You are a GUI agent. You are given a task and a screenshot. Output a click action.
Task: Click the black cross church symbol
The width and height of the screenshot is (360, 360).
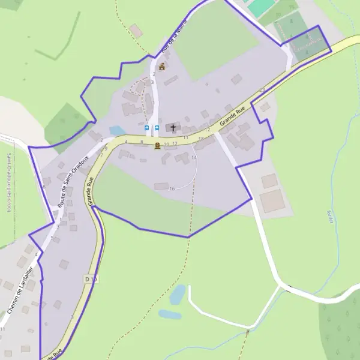pyautogui.click(x=174, y=128)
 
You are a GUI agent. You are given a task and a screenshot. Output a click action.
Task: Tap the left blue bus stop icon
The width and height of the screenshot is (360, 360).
pyautogui.click(x=147, y=128)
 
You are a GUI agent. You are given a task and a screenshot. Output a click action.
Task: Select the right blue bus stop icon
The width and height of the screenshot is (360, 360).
pyautogui.click(x=157, y=128)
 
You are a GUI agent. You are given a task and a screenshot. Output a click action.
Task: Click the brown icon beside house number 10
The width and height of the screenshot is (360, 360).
pyautogui.click(x=157, y=146)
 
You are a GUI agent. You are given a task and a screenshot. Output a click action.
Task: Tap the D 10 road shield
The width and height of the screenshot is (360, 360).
pyautogui.click(x=91, y=279)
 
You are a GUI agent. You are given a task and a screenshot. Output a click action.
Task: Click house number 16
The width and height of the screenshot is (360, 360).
pyautogui.click(x=172, y=189)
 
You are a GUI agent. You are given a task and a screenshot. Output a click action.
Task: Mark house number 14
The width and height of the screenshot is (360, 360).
pyautogui.click(x=194, y=157)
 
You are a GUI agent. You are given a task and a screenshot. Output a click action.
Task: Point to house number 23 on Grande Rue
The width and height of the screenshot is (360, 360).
pyautogui.click(x=262, y=90)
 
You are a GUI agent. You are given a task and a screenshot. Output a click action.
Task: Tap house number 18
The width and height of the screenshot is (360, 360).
pyautogui.click(x=201, y=139)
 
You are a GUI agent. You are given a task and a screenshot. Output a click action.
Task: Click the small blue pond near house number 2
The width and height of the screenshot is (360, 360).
pyautogui.click(x=117, y=130)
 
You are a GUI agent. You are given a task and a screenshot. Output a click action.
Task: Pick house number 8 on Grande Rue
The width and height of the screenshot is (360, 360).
pyautogui.click(x=142, y=142)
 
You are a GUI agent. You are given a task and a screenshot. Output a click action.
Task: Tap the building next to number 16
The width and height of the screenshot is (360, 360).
pyautogui.click(x=161, y=187)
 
